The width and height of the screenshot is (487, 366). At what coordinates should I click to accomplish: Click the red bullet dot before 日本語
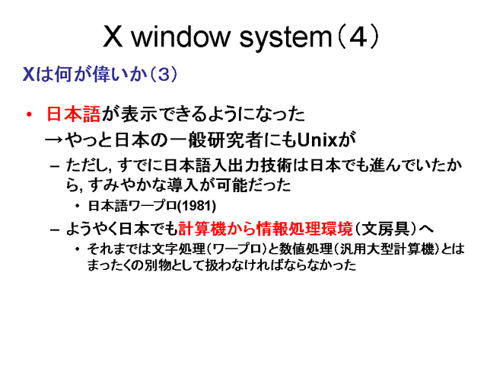(x=30, y=115)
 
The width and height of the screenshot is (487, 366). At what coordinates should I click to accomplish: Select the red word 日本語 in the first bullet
(x=74, y=115)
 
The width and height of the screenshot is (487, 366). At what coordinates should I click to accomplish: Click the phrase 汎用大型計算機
(x=396, y=251)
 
